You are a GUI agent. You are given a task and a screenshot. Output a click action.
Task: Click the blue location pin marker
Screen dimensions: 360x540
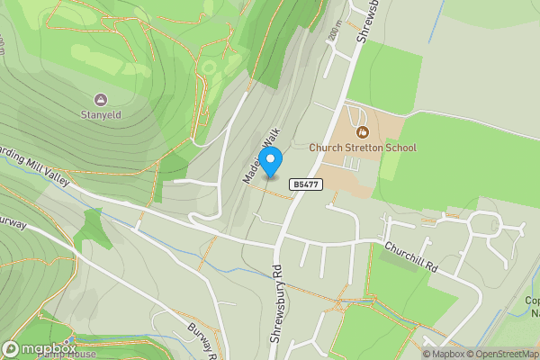(x=270, y=160)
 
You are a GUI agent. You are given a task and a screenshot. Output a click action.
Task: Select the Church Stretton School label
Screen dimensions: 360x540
(x=363, y=148)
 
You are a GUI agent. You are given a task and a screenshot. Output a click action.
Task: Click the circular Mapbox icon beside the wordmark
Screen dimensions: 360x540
(x=11, y=349)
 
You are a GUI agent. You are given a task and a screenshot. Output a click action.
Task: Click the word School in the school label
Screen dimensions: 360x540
(x=400, y=148)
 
